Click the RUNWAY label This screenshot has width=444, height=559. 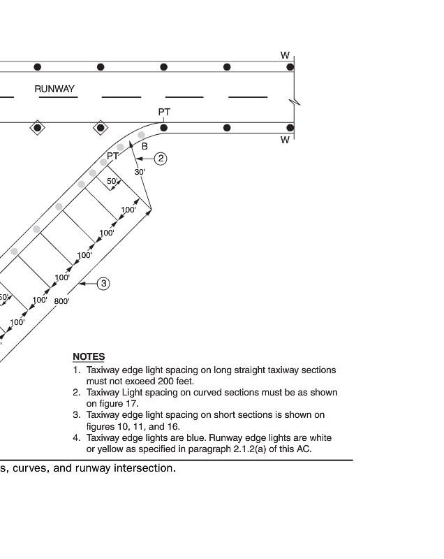click(54, 89)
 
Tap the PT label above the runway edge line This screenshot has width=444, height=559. click(164, 112)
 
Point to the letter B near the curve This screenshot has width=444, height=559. click(145, 146)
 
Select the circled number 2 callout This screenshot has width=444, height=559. click(161, 159)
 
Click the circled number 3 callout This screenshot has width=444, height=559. click(103, 283)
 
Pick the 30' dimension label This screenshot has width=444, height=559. click(139, 171)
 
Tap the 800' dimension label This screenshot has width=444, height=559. click(62, 302)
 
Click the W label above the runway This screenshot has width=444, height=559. click(285, 55)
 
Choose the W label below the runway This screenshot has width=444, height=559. click(285, 140)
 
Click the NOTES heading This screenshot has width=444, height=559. click(89, 356)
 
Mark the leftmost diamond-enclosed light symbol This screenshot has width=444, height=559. click(37, 127)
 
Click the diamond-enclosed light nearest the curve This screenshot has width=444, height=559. click(101, 127)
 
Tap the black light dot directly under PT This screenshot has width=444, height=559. click(164, 127)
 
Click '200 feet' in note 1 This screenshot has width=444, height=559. click(173, 381)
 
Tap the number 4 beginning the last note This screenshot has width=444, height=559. click(76, 437)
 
